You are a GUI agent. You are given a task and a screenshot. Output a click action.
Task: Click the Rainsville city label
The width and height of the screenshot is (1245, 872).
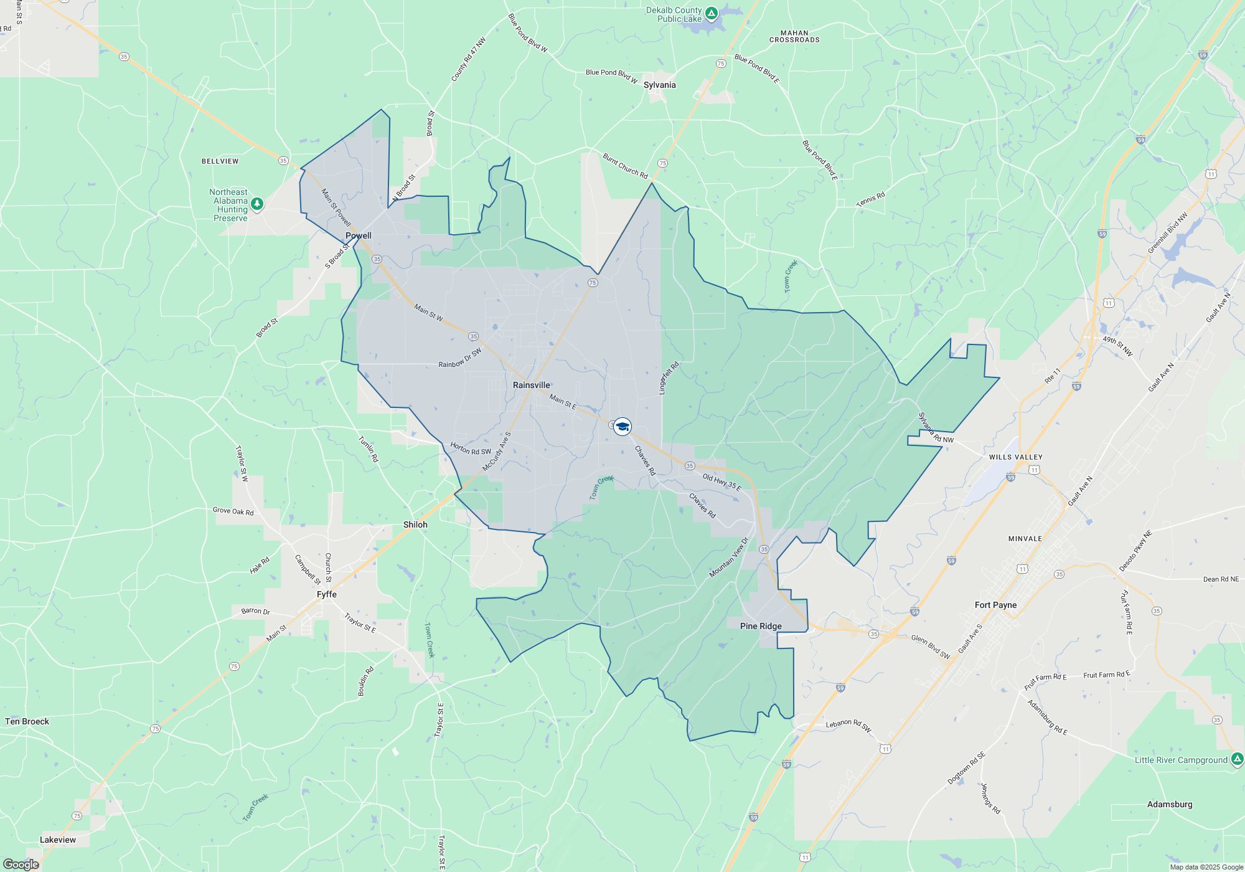pyautogui.click(x=531, y=385)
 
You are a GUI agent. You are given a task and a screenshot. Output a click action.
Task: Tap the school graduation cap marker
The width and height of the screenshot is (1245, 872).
pyautogui.click(x=622, y=427)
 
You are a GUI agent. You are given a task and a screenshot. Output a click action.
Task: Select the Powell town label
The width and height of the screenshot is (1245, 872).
pyautogui.click(x=359, y=235)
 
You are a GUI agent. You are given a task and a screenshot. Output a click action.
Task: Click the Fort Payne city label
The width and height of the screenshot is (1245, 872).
pyautogui.click(x=995, y=605)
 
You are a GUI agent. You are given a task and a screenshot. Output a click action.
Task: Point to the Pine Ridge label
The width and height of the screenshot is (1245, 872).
pyautogui.click(x=761, y=626)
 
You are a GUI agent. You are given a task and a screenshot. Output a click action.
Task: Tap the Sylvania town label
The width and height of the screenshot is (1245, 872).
pyautogui.click(x=659, y=85)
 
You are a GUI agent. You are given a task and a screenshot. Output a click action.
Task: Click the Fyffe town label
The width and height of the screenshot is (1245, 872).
pyautogui.click(x=327, y=594)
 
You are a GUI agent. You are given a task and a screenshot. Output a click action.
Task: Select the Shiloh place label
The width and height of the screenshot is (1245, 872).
pyautogui.click(x=415, y=524)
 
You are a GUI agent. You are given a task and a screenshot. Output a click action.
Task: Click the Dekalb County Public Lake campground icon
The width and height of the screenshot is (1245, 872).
pyautogui.click(x=712, y=13)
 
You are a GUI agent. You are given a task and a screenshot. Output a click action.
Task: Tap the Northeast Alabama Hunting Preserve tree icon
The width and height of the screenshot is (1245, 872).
pyautogui.click(x=256, y=204)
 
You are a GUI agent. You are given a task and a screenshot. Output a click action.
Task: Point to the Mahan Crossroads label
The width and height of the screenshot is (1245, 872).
pyautogui.click(x=794, y=36)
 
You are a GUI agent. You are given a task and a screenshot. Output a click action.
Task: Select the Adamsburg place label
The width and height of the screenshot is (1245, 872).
pyautogui.click(x=1170, y=804)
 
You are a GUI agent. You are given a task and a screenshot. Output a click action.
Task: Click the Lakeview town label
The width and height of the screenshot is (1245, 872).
pyautogui.click(x=58, y=840)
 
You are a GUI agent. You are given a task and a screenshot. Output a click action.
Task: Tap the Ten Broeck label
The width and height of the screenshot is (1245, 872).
pyautogui.click(x=27, y=721)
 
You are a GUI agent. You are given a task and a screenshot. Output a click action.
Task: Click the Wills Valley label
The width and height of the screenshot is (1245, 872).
pyautogui.click(x=1015, y=457)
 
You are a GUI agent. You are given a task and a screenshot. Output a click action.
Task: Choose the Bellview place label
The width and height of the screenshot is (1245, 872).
pyautogui.click(x=220, y=161)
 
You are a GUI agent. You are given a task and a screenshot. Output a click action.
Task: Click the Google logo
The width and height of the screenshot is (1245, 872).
pyautogui.click(x=21, y=864)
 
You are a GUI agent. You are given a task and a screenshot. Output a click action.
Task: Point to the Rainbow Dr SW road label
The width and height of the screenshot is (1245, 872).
pyautogui.click(x=459, y=359)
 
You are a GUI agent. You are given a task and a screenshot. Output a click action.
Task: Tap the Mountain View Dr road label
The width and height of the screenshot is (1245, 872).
pyautogui.click(x=729, y=557)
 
